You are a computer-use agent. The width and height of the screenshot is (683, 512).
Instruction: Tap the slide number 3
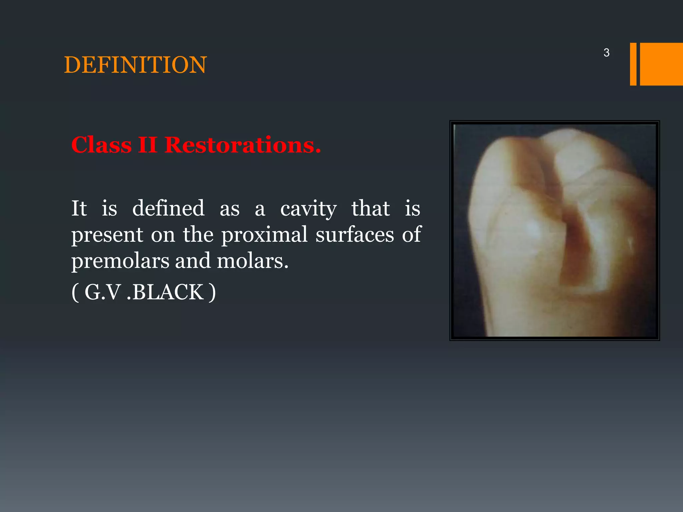[606, 53]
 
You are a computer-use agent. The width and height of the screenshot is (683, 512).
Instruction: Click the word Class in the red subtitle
[101, 145]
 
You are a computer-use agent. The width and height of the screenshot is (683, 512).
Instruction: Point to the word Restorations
[242, 145]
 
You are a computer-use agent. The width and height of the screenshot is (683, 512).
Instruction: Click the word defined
[168, 208]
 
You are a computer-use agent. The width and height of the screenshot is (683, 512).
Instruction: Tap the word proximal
[264, 235]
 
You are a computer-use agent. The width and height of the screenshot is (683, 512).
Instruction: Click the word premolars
[120, 261]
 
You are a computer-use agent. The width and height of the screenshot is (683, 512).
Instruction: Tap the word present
[107, 235]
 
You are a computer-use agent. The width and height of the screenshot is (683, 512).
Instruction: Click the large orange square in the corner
[661, 64]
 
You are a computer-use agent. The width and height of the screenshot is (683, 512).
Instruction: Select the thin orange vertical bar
[633, 64]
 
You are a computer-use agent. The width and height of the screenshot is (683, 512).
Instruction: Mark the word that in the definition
[371, 208]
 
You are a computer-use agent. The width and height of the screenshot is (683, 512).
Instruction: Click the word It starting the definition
[79, 208]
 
